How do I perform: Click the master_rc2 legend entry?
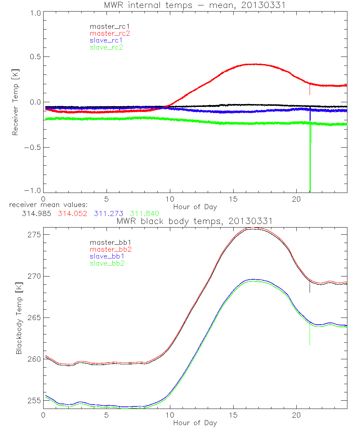(x=110, y=33)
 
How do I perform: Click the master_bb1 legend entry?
(x=108, y=242)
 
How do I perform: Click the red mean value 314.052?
(x=72, y=213)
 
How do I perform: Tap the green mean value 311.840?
(x=144, y=213)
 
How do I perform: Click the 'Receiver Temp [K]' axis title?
(x=15, y=102)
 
